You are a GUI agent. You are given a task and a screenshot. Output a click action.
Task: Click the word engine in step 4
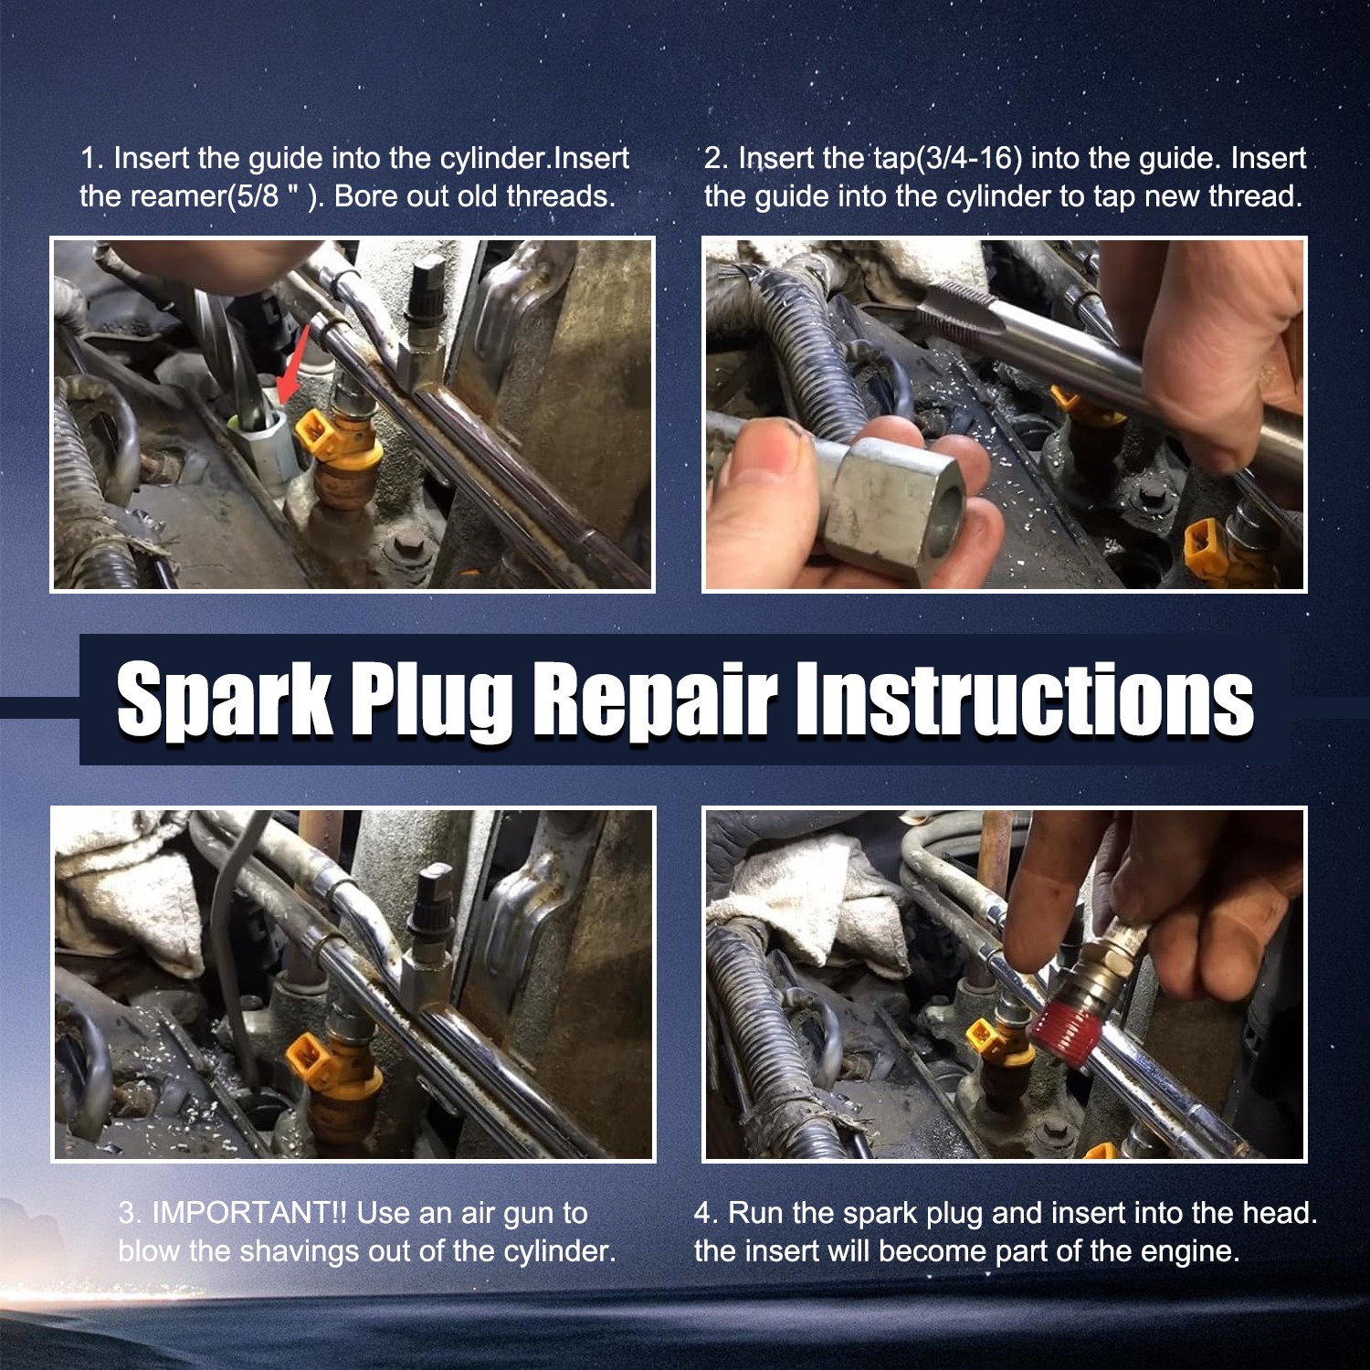(1186, 1251)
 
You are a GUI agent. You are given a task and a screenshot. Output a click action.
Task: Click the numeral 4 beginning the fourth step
(702, 1213)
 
